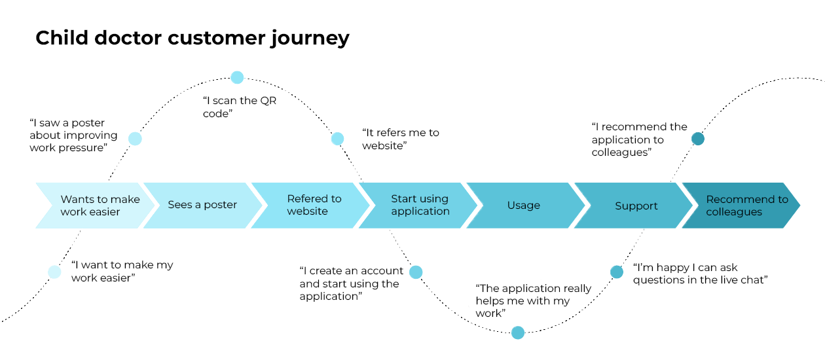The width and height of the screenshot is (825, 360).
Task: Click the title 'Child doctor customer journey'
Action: tap(192, 38)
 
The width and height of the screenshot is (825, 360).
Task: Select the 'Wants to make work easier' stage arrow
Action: tap(95, 206)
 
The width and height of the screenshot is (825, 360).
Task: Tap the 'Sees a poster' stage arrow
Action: tap(202, 205)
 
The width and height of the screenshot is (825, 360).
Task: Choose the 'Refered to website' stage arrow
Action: tap(308, 205)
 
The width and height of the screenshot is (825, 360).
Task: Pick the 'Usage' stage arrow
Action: tap(524, 205)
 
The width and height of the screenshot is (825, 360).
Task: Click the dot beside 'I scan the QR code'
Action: tap(237, 77)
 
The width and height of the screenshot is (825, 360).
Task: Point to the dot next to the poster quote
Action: tap(135, 139)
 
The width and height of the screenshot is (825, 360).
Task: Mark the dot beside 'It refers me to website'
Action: tap(337, 139)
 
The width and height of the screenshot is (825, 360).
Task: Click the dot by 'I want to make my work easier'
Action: tap(55, 272)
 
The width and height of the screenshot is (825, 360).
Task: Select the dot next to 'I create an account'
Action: tap(416, 272)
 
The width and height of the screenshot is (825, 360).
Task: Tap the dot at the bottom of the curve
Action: tap(518, 333)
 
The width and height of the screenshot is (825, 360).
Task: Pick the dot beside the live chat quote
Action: tap(617, 272)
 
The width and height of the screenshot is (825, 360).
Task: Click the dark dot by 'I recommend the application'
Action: tap(698, 139)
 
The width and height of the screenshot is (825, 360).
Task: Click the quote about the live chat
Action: tap(700, 274)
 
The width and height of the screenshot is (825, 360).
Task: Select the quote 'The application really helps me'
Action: tap(533, 301)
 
